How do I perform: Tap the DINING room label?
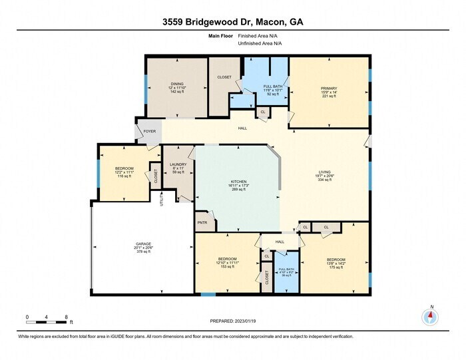point(177,84)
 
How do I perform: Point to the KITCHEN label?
point(238,181)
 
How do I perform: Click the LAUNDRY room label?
point(178,164)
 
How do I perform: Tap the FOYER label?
point(150,131)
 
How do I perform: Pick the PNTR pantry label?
point(202,222)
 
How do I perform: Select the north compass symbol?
point(431,317)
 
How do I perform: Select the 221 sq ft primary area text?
point(329,96)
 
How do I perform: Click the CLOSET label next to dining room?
point(224,77)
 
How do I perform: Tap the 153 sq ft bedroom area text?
point(227,267)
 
